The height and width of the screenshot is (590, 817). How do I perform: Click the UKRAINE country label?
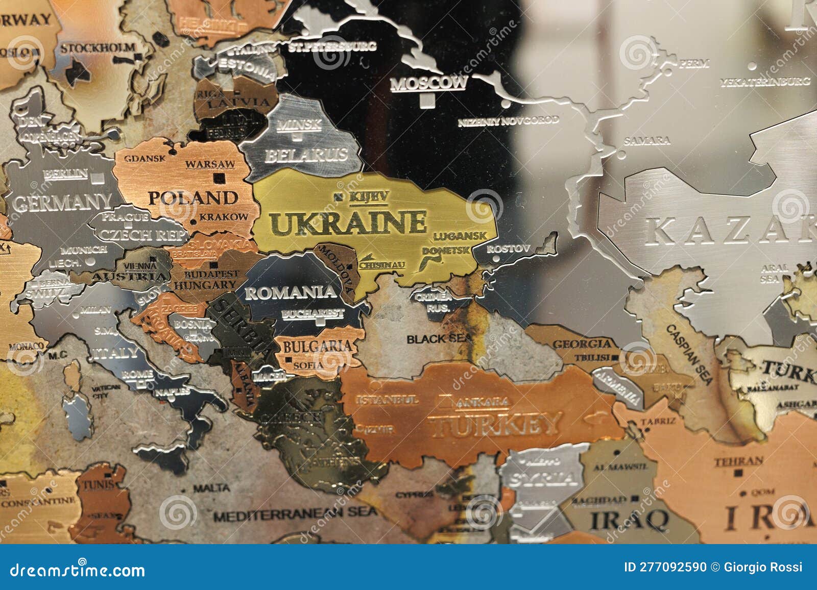point(348,223)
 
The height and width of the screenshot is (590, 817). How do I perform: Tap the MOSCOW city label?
point(428,83)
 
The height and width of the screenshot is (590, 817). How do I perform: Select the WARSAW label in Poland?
point(210,164)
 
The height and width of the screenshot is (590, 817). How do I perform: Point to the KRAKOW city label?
point(223,216)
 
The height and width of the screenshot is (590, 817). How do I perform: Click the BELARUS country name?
point(305,155)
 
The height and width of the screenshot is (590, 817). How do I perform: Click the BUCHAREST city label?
point(313,313)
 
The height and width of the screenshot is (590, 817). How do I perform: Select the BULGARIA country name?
point(317,347)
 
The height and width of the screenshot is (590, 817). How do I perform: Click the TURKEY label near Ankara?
point(494,424)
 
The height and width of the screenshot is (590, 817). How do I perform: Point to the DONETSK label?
point(446,251)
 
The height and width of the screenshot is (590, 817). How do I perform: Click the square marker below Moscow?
point(425,102)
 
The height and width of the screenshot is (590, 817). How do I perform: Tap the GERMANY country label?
point(62,203)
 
